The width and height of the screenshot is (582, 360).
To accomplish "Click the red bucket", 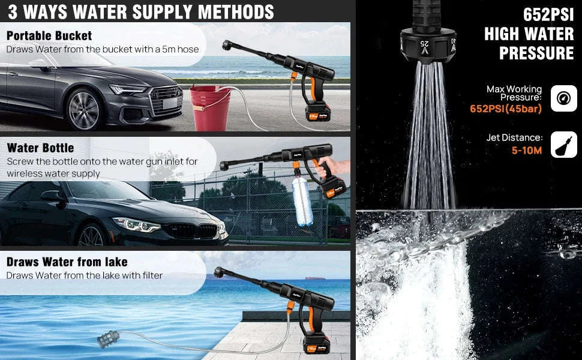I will [x=211, y=108].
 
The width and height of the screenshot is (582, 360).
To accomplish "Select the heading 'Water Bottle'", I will [x=40, y=148].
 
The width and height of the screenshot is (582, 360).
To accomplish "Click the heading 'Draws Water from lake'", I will [x=67, y=262].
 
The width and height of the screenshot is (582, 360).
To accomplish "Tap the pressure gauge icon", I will [x=563, y=98].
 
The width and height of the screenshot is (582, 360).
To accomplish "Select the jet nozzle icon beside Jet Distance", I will [x=563, y=144].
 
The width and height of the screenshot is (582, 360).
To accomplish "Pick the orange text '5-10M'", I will [x=527, y=150].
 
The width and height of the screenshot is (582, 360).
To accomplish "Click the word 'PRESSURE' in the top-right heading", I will [x=536, y=53].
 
